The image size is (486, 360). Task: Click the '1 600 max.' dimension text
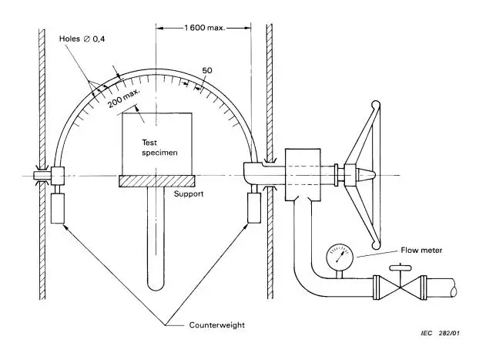point(204,28)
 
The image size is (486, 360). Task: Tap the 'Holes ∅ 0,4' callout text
point(82,39)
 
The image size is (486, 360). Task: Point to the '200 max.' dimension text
point(124,98)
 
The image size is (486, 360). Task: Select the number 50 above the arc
point(207,70)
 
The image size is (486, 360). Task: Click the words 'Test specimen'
point(159,147)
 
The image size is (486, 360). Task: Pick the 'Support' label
point(189,194)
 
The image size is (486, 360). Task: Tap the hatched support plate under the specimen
point(157,181)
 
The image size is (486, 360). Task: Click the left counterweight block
point(58,208)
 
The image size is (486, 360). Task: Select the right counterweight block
point(254,207)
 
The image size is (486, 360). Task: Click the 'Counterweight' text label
point(217,325)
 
